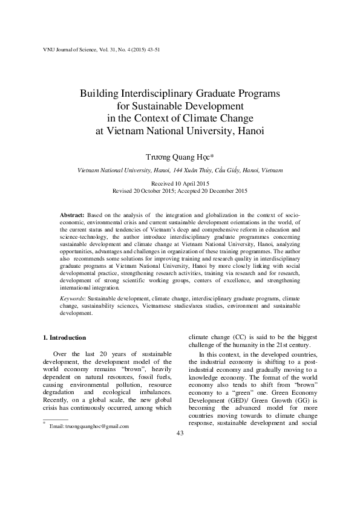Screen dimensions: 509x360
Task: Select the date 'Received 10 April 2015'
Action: (180, 183)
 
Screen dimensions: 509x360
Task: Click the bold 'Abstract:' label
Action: (73, 215)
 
